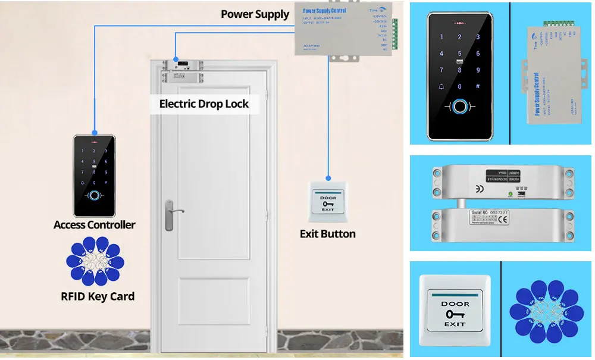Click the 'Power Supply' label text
click(255, 14)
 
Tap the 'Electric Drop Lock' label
click(203, 104)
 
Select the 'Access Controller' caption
click(95, 225)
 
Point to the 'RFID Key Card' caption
click(98, 296)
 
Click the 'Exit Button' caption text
click(327, 234)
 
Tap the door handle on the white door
click(171, 213)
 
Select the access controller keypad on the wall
click(95, 175)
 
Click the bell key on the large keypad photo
click(441, 88)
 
